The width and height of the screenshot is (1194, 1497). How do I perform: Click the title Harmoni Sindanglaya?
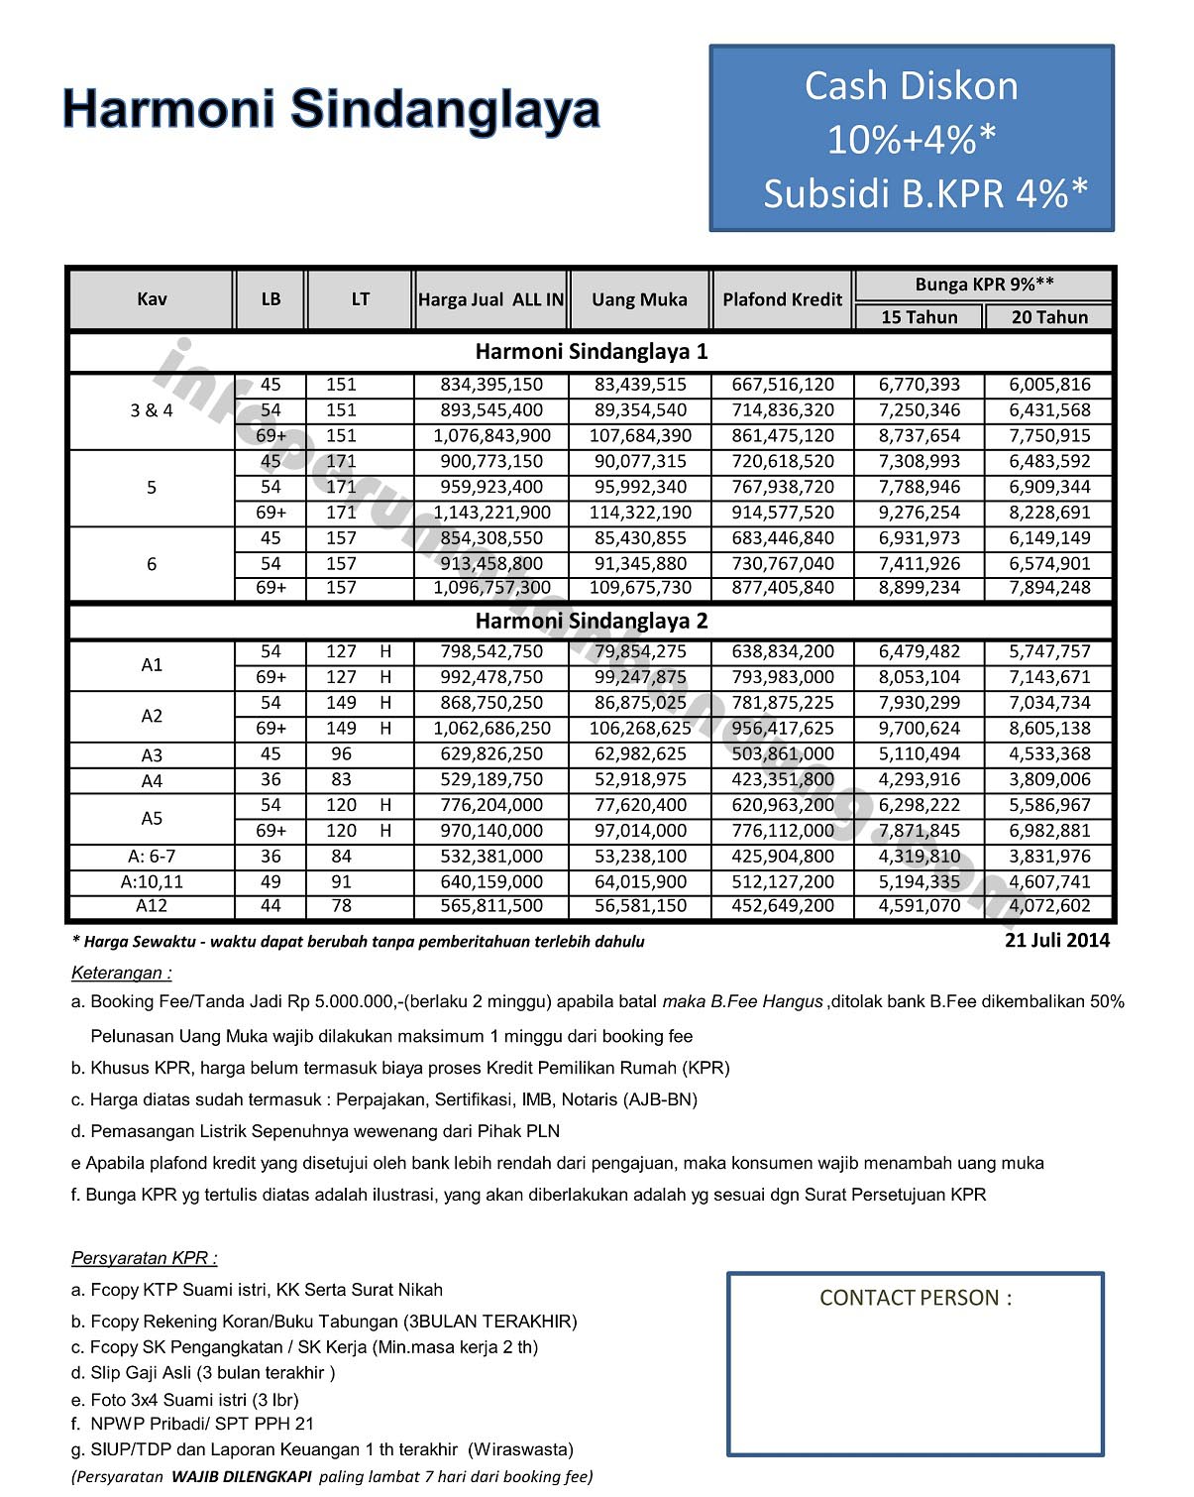click(x=331, y=109)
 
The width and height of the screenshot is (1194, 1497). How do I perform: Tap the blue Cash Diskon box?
click(x=912, y=139)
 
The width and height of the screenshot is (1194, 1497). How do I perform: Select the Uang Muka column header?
click(x=639, y=299)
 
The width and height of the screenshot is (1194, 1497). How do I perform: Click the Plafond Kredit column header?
click(x=782, y=299)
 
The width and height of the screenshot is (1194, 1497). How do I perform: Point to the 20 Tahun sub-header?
click(x=1049, y=317)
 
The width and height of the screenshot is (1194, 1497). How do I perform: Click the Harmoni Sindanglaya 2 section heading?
click(x=592, y=622)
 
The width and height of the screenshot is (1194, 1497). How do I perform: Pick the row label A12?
click(x=152, y=906)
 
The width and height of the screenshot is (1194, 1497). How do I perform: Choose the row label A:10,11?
click(x=152, y=881)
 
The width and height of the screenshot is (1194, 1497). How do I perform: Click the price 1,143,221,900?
click(x=491, y=513)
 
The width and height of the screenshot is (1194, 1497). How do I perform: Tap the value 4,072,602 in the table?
click(x=1049, y=906)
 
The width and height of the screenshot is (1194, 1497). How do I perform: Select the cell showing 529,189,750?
click(x=491, y=779)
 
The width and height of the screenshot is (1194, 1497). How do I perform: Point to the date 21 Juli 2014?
click(x=1057, y=940)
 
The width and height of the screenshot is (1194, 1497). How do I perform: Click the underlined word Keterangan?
click(x=121, y=973)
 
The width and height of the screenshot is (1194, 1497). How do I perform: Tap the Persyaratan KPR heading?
click(x=145, y=1258)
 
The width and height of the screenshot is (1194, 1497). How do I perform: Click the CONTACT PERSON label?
click(x=916, y=1298)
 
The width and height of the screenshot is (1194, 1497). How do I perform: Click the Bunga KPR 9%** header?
click(x=984, y=285)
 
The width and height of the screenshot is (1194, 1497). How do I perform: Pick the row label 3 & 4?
click(x=152, y=410)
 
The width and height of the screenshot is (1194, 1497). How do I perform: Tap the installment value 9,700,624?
click(x=920, y=729)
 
